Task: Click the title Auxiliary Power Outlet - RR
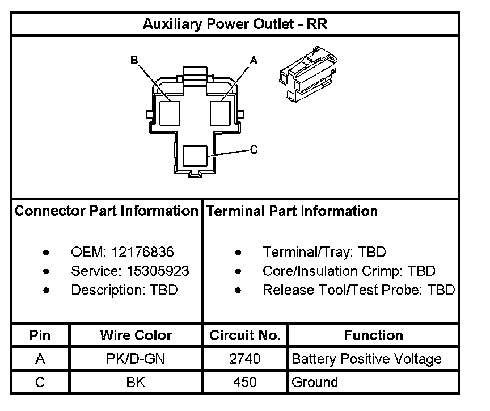coord(235,24)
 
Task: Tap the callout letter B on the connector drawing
coord(134,60)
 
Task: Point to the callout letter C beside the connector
coord(254,149)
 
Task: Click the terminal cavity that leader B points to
coord(170,112)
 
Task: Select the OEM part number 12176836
coord(142,252)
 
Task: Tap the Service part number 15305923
coord(150,271)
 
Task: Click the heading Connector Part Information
coord(106,211)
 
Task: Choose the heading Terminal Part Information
coord(292,211)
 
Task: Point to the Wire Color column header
coord(136,335)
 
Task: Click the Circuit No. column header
coord(245,335)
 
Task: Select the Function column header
coord(373,335)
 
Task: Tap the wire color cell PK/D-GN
coord(136,359)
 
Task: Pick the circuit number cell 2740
coord(245,359)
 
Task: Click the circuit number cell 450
coord(245,382)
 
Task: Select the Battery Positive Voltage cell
coord(366,359)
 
